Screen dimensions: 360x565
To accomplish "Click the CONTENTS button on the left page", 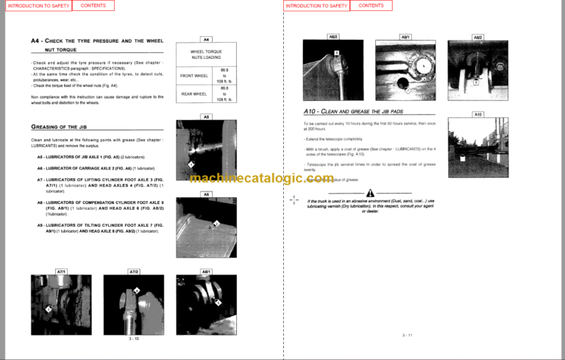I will click(x=93, y=5).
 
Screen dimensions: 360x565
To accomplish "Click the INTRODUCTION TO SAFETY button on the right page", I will click(x=316, y=5).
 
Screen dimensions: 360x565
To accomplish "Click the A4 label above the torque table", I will click(x=206, y=39).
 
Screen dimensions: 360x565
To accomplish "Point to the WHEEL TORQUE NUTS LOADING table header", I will click(x=206, y=54).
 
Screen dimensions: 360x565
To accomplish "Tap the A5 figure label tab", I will click(x=206, y=116).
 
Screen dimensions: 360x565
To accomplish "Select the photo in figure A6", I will click(x=206, y=227).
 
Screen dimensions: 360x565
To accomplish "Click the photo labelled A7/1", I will click(x=61, y=303).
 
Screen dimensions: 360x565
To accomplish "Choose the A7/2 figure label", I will click(x=134, y=272).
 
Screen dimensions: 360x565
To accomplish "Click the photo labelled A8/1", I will click(x=206, y=303).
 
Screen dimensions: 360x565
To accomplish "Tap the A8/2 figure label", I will click(x=333, y=36).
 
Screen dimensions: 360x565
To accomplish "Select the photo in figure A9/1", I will click(x=405, y=68).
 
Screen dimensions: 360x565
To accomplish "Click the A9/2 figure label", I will click(x=477, y=36).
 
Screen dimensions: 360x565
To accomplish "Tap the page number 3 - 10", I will click(x=133, y=338).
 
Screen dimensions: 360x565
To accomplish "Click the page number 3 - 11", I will click(x=408, y=335).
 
